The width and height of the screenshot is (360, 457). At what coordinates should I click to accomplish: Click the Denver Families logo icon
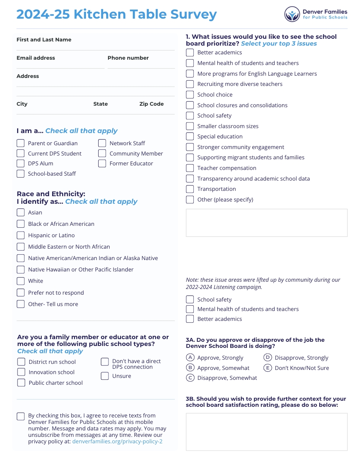[x=292, y=14]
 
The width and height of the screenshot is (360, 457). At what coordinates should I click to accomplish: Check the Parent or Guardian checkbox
[x=21, y=143]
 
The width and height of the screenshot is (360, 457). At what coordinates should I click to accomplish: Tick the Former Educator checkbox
[x=102, y=163]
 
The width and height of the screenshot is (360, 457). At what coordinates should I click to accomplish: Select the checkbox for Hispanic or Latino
[x=21, y=235]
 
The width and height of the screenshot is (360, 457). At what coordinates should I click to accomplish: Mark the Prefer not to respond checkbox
[x=21, y=293]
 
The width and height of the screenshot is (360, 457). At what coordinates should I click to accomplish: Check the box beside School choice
[x=190, y=95]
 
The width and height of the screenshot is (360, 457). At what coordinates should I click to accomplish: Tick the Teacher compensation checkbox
[x=190, y=168]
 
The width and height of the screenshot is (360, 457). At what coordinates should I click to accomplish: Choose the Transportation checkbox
[x=190, y=189]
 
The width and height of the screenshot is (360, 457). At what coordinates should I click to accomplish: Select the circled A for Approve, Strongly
[x=190, y=358]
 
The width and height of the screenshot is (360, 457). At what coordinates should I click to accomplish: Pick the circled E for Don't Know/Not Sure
[x=268, y=368]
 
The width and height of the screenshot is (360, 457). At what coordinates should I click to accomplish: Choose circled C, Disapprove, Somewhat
[x=190, y=378]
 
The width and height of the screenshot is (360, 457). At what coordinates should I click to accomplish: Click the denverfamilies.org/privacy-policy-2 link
[x=117, y=441]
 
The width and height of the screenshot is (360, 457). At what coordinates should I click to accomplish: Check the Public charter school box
[x=21, y=383]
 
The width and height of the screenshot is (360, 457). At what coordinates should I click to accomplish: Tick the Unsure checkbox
[x=105, y=376]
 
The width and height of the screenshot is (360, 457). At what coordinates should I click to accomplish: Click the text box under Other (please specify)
[x=266, y=223]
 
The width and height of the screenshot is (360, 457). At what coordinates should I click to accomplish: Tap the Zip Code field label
[x=151, y=104]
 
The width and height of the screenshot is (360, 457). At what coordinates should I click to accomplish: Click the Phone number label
[x=128, y=58]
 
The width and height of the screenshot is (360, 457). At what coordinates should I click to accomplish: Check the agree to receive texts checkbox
[x=21, y=416]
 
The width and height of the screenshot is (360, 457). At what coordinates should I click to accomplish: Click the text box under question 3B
[x=266, y=432]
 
